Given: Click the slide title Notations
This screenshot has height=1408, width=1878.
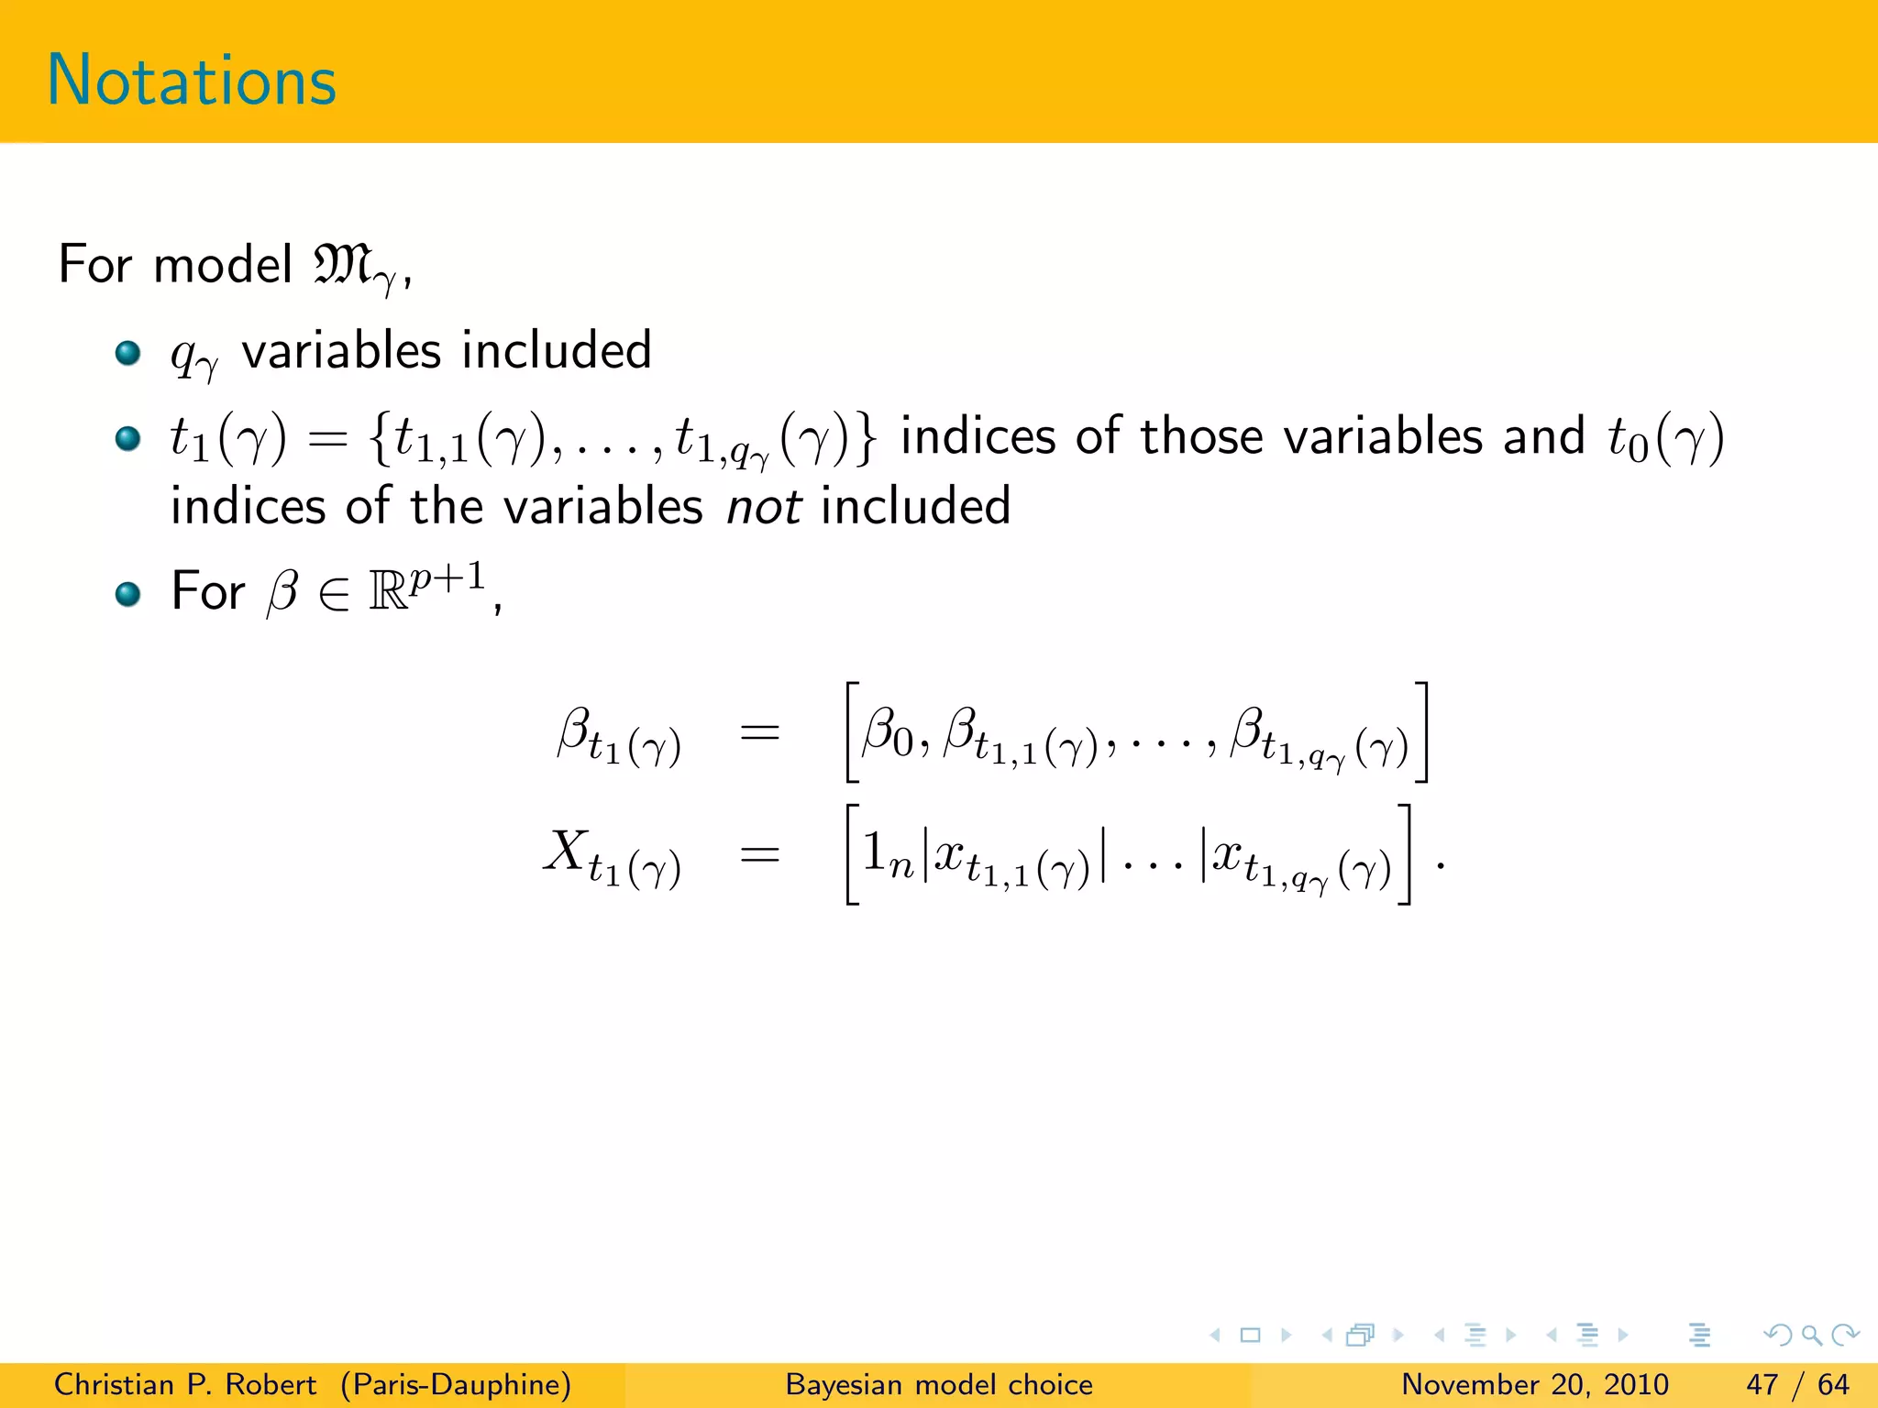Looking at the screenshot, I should point(192,81).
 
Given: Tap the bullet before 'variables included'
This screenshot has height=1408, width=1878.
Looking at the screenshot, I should point(127,353).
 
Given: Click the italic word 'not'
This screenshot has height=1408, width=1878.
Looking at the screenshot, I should point(764,507).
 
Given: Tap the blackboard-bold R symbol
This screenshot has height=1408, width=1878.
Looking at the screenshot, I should point(388,592).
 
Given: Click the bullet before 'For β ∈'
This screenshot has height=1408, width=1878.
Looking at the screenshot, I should point(127,594).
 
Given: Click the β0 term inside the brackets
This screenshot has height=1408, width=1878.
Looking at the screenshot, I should point(887,734).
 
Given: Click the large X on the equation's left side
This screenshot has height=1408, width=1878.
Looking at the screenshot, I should point(566,851).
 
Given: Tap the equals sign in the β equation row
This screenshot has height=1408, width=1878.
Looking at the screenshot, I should point(760,732).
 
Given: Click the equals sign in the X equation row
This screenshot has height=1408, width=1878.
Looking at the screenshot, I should point(760,855).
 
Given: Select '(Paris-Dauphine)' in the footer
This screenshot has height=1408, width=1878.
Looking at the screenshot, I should point(456,1384).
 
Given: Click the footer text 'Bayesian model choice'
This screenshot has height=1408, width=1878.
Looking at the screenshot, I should point(939,1384).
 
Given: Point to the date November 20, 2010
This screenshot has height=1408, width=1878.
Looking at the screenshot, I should point(1534,1384).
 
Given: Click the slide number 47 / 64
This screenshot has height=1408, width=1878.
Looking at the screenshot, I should point(1797,1384).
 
